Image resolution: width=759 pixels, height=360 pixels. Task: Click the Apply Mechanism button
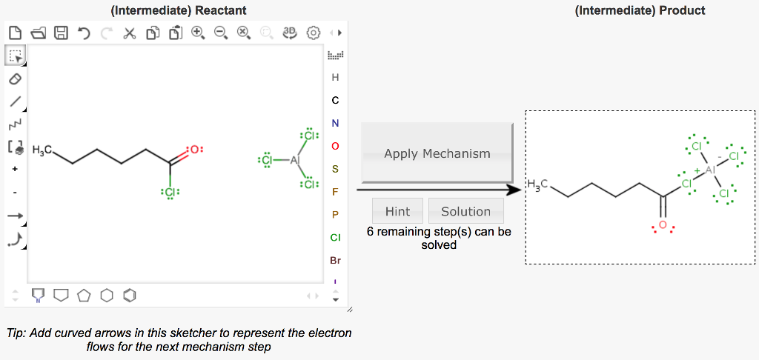click(437, 153)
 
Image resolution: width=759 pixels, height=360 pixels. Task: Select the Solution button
click(465, 211)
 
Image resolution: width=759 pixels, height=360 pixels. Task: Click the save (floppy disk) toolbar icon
click(62, 33)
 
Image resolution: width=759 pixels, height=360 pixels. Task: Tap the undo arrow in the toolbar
click(84, 33)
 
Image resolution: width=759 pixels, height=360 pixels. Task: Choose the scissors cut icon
click(130, 33)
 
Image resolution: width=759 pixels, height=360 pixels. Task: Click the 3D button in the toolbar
click(290, 33)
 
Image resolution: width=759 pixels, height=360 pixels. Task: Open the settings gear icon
click(313, 33)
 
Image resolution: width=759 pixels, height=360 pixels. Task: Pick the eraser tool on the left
click(15, 78)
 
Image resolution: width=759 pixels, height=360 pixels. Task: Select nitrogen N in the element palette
click(335, 123)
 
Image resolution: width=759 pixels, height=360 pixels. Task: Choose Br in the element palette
click(335, 261)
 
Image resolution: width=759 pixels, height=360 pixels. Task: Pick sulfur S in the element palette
click(335, 169)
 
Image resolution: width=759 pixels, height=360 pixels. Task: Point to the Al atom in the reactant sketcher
click(295, 160)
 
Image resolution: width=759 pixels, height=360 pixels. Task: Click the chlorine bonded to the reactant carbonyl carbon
click(170, 192)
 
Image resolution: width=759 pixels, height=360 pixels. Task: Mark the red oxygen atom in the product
click(662, 225)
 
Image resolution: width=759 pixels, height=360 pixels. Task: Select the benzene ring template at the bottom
click(130, 296)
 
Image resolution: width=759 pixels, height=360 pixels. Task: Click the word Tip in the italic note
click(16, 333)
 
